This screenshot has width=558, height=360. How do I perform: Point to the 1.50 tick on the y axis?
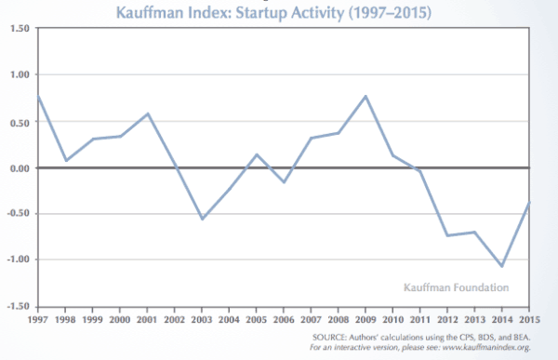[x=20, y=30]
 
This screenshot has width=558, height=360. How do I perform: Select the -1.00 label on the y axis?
[x=18, y=260]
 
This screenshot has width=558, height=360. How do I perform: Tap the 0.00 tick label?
[x=20, y=168]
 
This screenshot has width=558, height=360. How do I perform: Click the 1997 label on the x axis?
[x=38, y=319]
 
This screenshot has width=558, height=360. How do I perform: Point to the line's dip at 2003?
[x=203, y=219]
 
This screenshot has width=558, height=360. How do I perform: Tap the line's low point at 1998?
[x=66, y=160]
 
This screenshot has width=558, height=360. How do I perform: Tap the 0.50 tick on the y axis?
[x=20, y=122]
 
